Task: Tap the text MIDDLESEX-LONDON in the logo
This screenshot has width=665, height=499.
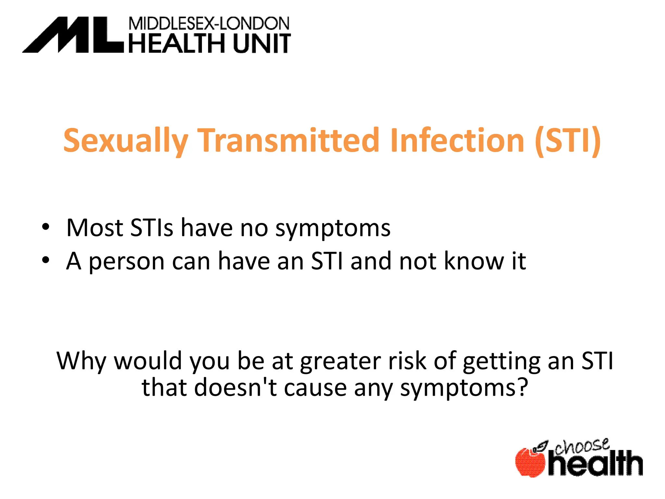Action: [209, 24]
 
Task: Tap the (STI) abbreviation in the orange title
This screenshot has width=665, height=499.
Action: [568, 141]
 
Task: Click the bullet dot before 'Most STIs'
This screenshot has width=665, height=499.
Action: [46, 227]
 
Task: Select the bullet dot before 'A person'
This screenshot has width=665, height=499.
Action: [46, 260]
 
